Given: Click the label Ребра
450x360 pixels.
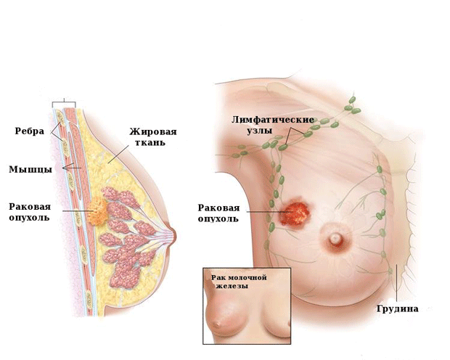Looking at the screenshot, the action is click(x=29, y=131).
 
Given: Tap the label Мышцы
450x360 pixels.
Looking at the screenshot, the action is click(x=30, y=169).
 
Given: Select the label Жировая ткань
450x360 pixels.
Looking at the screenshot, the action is click(x=153, y=137).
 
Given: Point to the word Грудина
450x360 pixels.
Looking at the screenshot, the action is click(x=397, y=308).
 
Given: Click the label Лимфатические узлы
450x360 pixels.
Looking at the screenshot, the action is click(x=273, y=125).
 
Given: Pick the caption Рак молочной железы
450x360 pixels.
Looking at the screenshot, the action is click(x=239, y=282).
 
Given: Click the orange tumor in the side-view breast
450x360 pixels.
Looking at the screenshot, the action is click(x=97, y=210).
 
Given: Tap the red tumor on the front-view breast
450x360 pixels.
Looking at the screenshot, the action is click(x=294, y=213).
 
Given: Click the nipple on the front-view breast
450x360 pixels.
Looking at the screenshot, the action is click(x=335, y=238).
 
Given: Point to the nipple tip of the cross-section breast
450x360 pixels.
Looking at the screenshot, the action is click(x=174, y=236).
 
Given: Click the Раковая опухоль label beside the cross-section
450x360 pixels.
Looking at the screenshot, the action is click(x=30, y=212).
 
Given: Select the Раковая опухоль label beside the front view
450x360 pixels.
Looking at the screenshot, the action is click(x=218, y=213).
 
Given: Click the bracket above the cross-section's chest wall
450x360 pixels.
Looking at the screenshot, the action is click(x=64, y=103).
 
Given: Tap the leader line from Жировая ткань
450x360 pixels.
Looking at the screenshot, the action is click(x=118, y=154).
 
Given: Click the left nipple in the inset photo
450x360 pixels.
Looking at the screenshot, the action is click(x=217, y=324).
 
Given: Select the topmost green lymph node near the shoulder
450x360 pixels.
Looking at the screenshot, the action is click(x=352, y=99).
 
